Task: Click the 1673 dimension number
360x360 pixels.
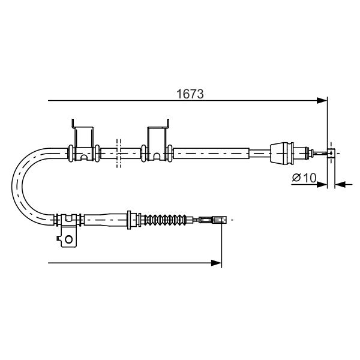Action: [190, 94]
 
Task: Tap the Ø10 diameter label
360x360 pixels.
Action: [304, 178]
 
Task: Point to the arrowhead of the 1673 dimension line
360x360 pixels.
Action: [322, 101]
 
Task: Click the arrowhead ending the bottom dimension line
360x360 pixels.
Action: [216, 263]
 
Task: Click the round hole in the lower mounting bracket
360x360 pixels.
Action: [68, 239]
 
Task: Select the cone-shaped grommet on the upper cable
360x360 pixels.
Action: [282, 153]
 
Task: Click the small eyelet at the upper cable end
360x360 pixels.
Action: [331, 153]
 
